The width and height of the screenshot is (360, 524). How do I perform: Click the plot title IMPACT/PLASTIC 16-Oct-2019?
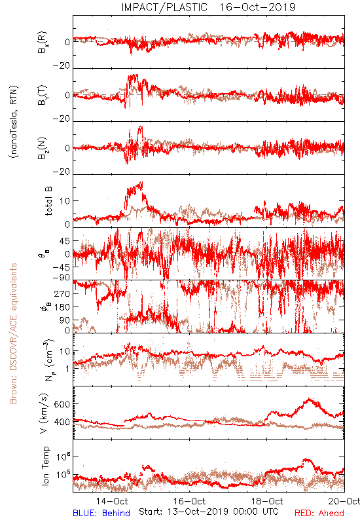pos(208,7)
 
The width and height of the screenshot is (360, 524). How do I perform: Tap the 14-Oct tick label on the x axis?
pos(112,501)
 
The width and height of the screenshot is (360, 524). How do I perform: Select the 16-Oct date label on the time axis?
pos(189,501)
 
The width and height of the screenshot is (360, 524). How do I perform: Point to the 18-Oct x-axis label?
pos(267,501)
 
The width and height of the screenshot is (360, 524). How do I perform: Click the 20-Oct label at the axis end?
pos(344,501)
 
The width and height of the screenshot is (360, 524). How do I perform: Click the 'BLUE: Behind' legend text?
pos(101,513)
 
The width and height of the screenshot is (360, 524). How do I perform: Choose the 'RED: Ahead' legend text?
pos(319,513)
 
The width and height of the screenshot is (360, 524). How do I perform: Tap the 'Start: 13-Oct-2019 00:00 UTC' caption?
pos(208,512)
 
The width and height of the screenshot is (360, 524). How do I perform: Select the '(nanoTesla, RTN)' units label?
pos(14,122)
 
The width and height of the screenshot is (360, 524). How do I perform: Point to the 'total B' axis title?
pos(48,201)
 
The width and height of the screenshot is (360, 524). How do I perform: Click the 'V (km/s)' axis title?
pos(44,413)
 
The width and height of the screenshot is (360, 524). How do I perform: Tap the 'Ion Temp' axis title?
pos(45,466)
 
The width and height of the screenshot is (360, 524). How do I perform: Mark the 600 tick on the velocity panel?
pos(62,404)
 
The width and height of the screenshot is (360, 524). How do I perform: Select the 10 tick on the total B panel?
pos(65,201)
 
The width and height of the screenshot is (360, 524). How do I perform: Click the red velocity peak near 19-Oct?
pos(309,399)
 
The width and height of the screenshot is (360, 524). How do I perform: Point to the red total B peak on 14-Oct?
pos(141,183)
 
